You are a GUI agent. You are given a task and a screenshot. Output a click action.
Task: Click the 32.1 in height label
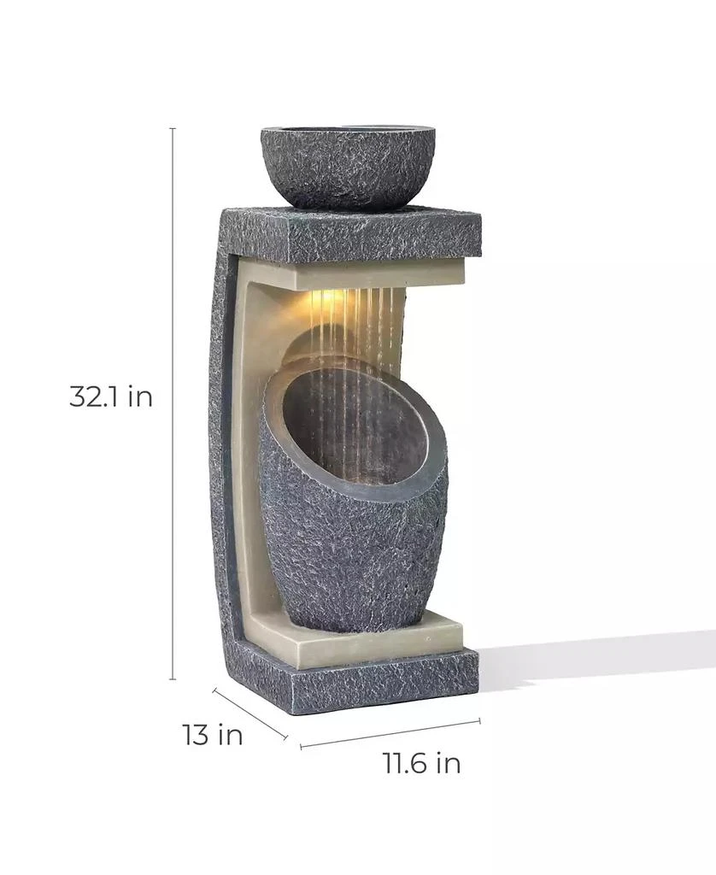tap(111, 397)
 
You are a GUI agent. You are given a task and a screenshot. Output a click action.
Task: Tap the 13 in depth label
tap(212, 734)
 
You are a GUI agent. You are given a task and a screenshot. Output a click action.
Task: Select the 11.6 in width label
tap(421, 763)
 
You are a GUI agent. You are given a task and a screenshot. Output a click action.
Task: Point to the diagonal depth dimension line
tap(249, 714)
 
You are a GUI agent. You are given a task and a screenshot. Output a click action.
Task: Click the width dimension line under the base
tap(390, 734)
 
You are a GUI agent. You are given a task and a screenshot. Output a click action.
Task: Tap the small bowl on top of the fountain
tap(348, 167)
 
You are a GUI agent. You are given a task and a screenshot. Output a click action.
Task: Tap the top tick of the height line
tap(173, 129)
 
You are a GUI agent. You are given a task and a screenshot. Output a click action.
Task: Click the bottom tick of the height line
tap(173, 679)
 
